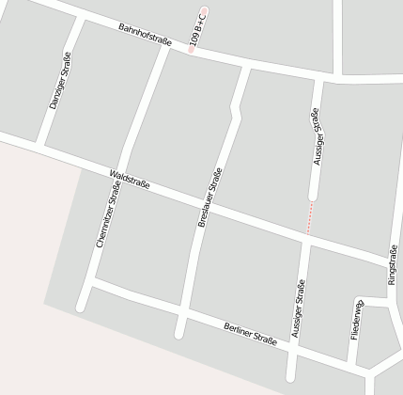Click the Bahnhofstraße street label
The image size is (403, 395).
point(146,38)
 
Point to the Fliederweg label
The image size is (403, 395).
point(357,321)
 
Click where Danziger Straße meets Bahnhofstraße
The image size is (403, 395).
point(75,18)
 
